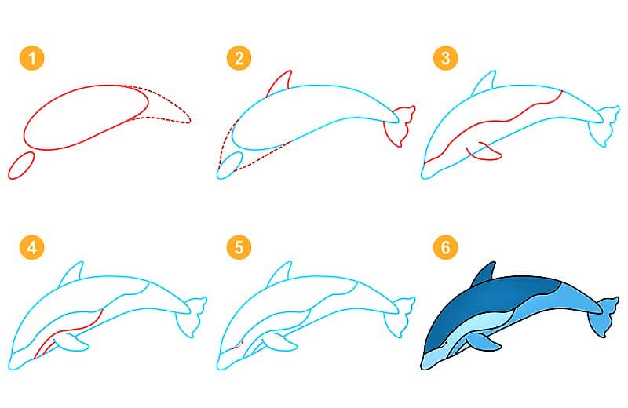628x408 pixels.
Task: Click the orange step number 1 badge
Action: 31,57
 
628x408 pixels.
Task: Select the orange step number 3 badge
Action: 445,57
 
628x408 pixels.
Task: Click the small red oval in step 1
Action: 21,166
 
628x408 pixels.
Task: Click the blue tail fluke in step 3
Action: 603,126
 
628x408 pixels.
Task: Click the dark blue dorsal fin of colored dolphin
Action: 484,274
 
